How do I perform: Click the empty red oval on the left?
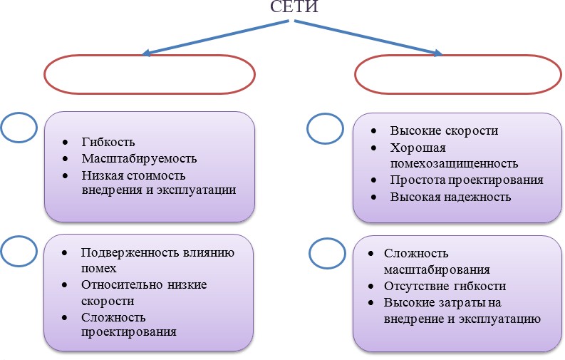pos(149,74)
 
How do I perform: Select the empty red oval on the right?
pos(457,74)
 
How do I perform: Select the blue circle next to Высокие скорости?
pos(325,130)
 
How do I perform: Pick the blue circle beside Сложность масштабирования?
pos(328,254)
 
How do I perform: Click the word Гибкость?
pos(108,143)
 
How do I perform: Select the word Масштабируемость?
pos(138,158)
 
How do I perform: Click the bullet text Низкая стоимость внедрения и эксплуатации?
pos(157,182)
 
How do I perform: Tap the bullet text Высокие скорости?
pos(443,131)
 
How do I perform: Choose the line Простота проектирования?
pos(467,180)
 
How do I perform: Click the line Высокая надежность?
pos(450,197)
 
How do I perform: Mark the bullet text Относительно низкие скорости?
pos(143,292)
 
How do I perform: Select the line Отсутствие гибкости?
pos(445,286)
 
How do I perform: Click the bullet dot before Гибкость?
pos(66,143)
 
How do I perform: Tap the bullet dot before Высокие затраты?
pos(372,303)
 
